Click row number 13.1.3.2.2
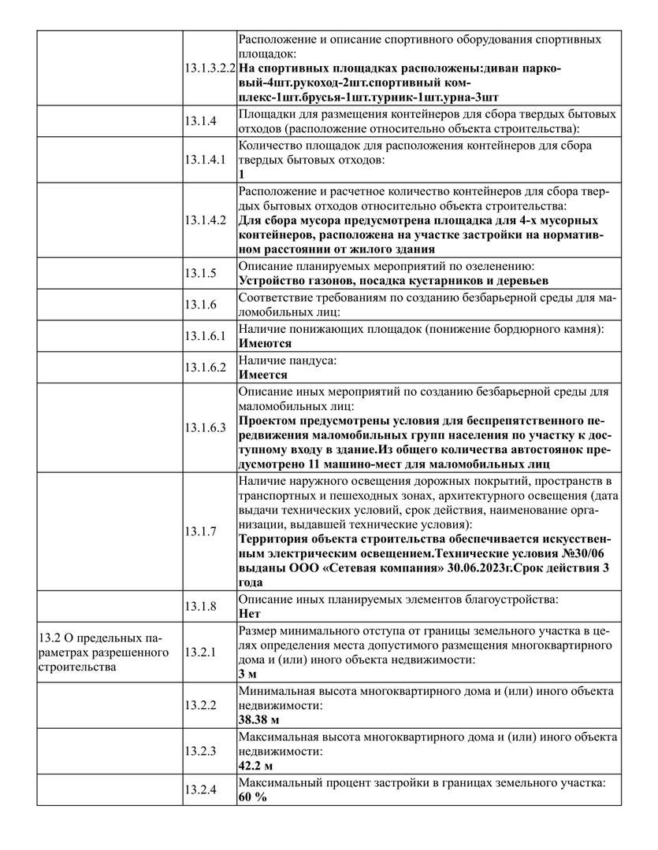[210, 68]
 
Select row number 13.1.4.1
[205, 159]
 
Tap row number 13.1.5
[200, 273]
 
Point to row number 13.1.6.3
[205, 427]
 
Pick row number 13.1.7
[200, 531]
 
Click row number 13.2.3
[200, 750]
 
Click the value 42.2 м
[255, 765]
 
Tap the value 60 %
[252, 796]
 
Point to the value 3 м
[247, 674]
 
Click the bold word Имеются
[265, 343]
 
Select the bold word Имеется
[265, 375]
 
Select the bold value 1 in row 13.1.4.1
[242, 174]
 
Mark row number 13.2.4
[200, 789]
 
